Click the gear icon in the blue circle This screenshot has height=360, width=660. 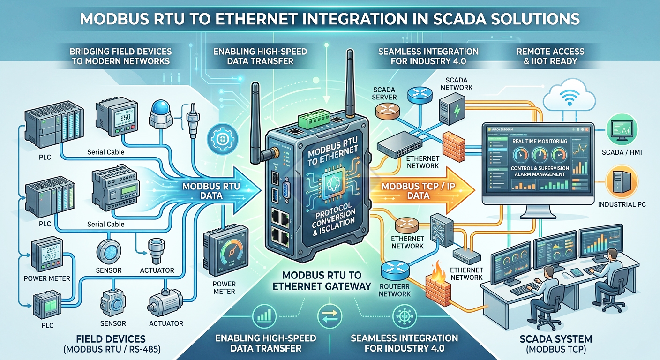[219, 139]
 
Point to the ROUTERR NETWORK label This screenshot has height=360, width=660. [396, 289]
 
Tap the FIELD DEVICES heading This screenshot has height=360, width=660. [110, 338]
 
